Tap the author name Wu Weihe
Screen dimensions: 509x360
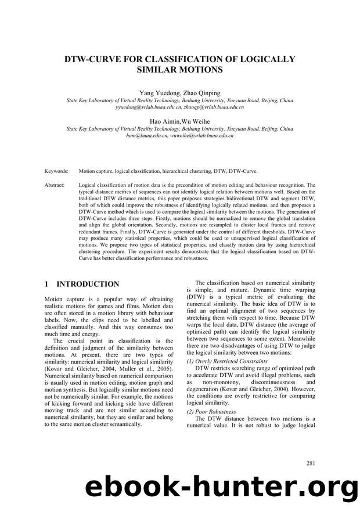[197, 121]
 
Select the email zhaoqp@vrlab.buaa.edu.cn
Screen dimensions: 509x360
[212, 107]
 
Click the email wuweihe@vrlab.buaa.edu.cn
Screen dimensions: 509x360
[202, 135]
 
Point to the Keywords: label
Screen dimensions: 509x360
[56, 172]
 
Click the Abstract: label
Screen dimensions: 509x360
[55, 185]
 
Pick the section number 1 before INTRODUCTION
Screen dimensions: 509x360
[47, 284]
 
